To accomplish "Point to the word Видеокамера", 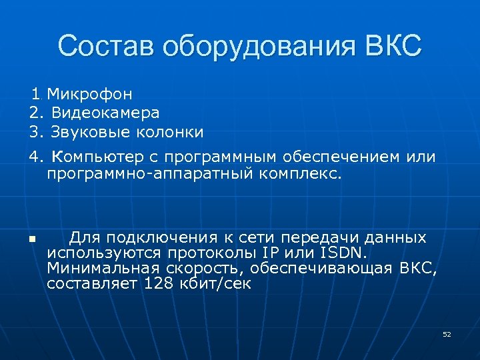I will pyautogui.click(x=105, y=113).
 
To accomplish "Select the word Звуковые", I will pyautogui.click(x=85, y=132).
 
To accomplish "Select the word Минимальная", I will pyautogui.click(x=103, y=268).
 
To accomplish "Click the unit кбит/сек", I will pyautogui.click(x=218, y=283).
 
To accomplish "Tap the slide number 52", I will pyautogui.click(x=447, y=334).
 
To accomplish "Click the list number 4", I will pyautogui.click(x=35, y=157).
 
